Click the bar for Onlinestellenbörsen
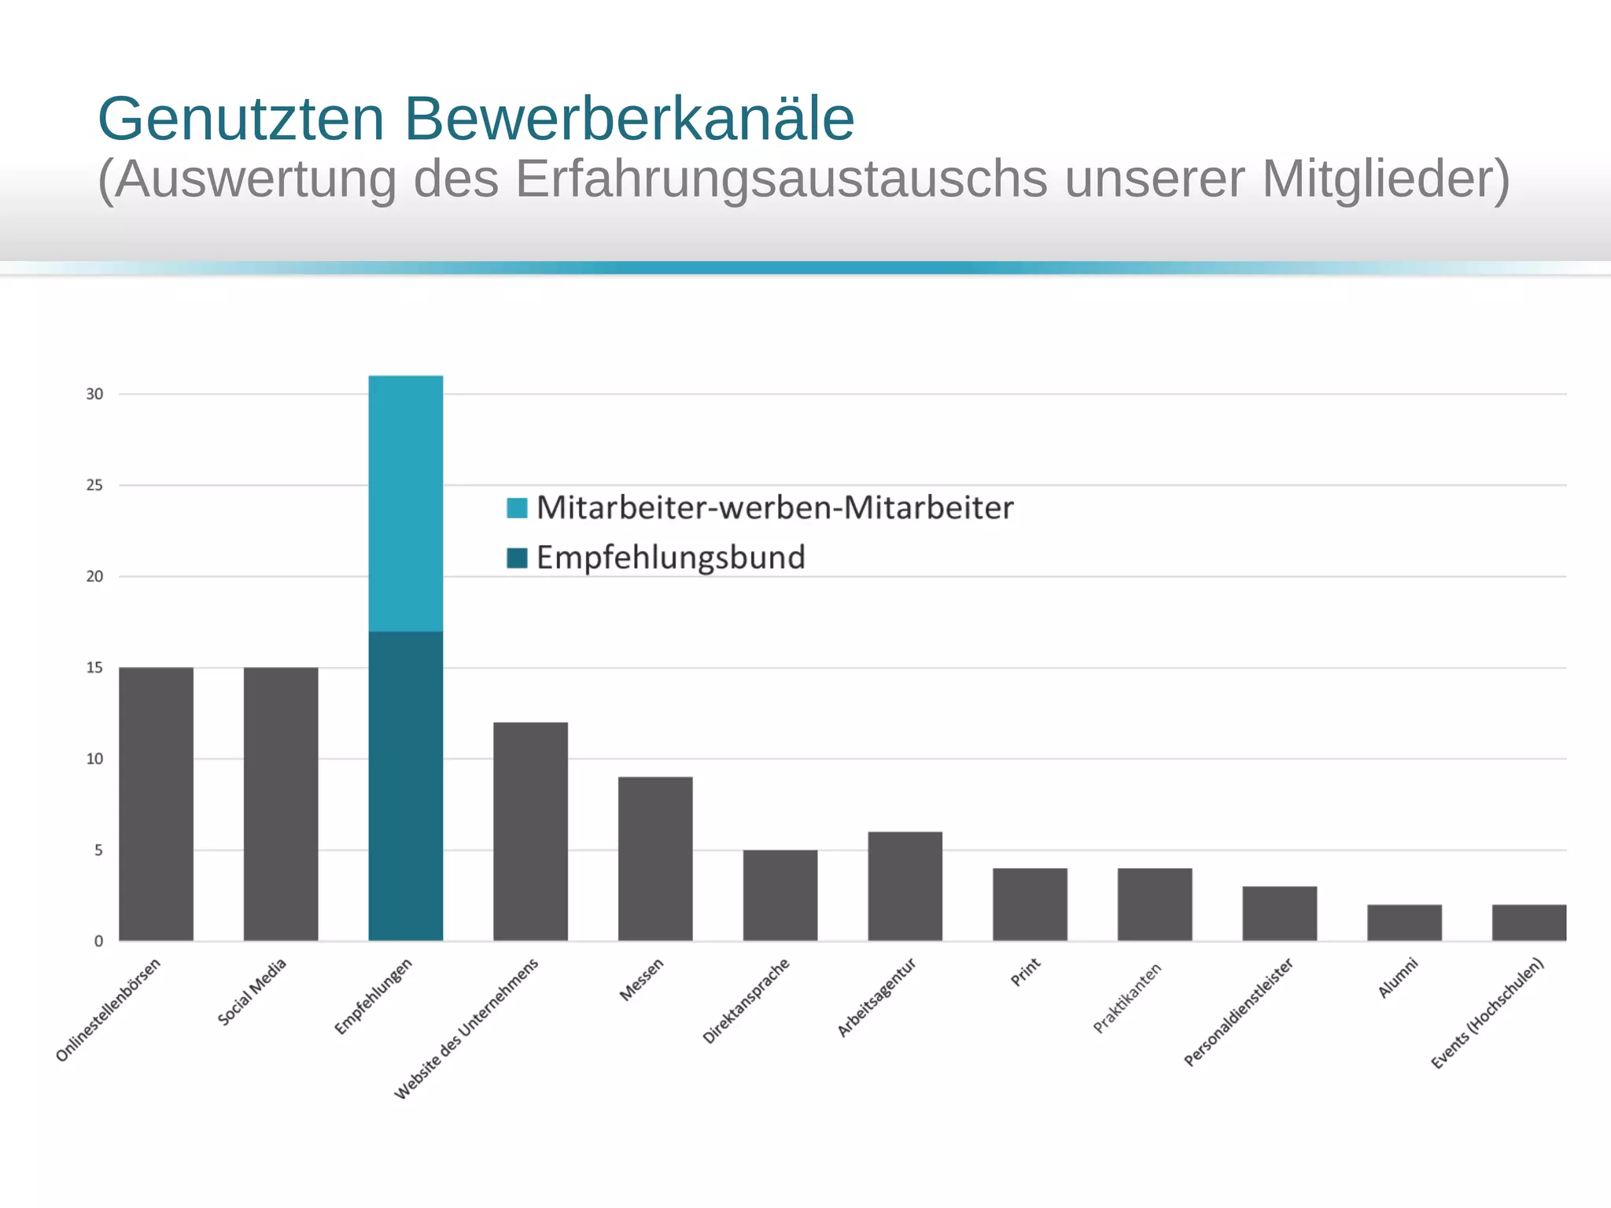coord(156,804)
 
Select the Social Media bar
coord(281,804)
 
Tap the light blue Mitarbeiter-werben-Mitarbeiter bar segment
coord(406,503)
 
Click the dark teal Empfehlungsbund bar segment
coord(406,786)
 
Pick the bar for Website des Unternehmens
coord(530,831)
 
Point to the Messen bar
coord(655,859)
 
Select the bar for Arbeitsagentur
coord(905,886)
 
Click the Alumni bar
coord(1404,923)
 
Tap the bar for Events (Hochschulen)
coord(1528,923)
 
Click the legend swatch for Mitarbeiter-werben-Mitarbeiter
coord(517,508)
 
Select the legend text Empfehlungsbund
coord(670,558)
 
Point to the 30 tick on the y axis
coord(94,394)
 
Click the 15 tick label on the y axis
coord(94,668)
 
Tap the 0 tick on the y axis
coord(98,941)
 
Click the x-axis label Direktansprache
coord(746,1001)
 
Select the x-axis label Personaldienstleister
coord(1239,1012)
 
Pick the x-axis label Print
coord(1026,972)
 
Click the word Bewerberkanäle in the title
coord(629,120)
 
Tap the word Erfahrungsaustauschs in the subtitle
coord(781,179)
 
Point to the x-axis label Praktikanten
coord(1127,998)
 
